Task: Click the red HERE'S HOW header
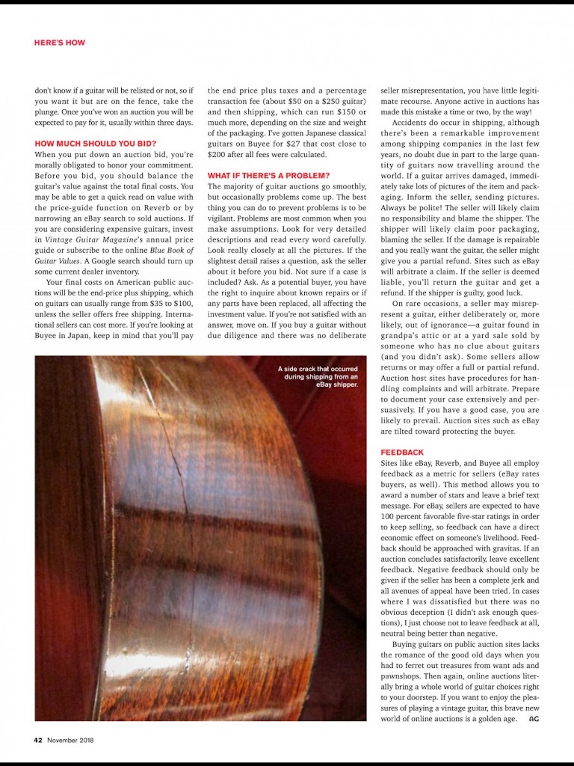click(59, 43)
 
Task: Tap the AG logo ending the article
click(534, 719)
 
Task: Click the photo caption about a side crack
click(318, 377)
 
